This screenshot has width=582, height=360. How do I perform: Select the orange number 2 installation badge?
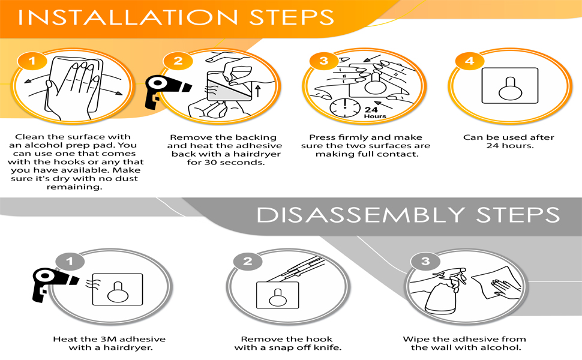pyautogui.click(x=178, y=61)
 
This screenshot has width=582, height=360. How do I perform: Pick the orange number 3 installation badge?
pyautogui.click(x=324, y=61)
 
